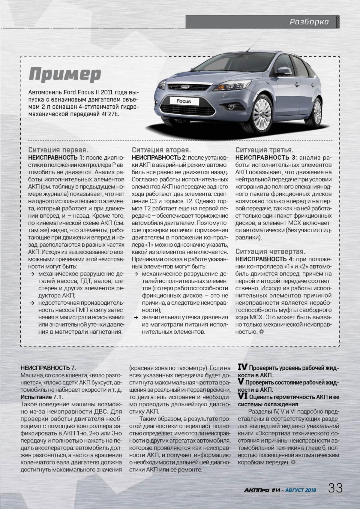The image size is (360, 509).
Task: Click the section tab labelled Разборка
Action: click(x=309, y=22)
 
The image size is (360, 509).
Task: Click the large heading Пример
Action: click(x=65, y=74)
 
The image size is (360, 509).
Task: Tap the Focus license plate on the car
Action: click(x=184, y=101)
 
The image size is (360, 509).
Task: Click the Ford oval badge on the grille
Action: click(x=185, y=87)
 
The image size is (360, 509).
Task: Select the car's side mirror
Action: click(x=283, y=71)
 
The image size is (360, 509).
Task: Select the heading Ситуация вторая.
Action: click(x=161, y=150)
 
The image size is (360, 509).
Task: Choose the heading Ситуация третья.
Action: click(x=264, y=150)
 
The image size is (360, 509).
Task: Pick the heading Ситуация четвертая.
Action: click(x=270, y=251)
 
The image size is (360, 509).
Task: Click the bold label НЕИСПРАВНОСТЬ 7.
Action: click(x=48, y=368)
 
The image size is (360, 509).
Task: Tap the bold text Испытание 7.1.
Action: click(x=42, y=397)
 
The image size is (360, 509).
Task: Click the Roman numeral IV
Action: click(x=242, y=367)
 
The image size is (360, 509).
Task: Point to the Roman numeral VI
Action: click(x=242, y=396)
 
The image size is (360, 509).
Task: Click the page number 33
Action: click(x=335, y=488)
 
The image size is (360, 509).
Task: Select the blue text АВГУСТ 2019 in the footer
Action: click(x=301, y=490)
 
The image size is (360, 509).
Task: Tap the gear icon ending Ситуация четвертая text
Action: click(x=262, y=332)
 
